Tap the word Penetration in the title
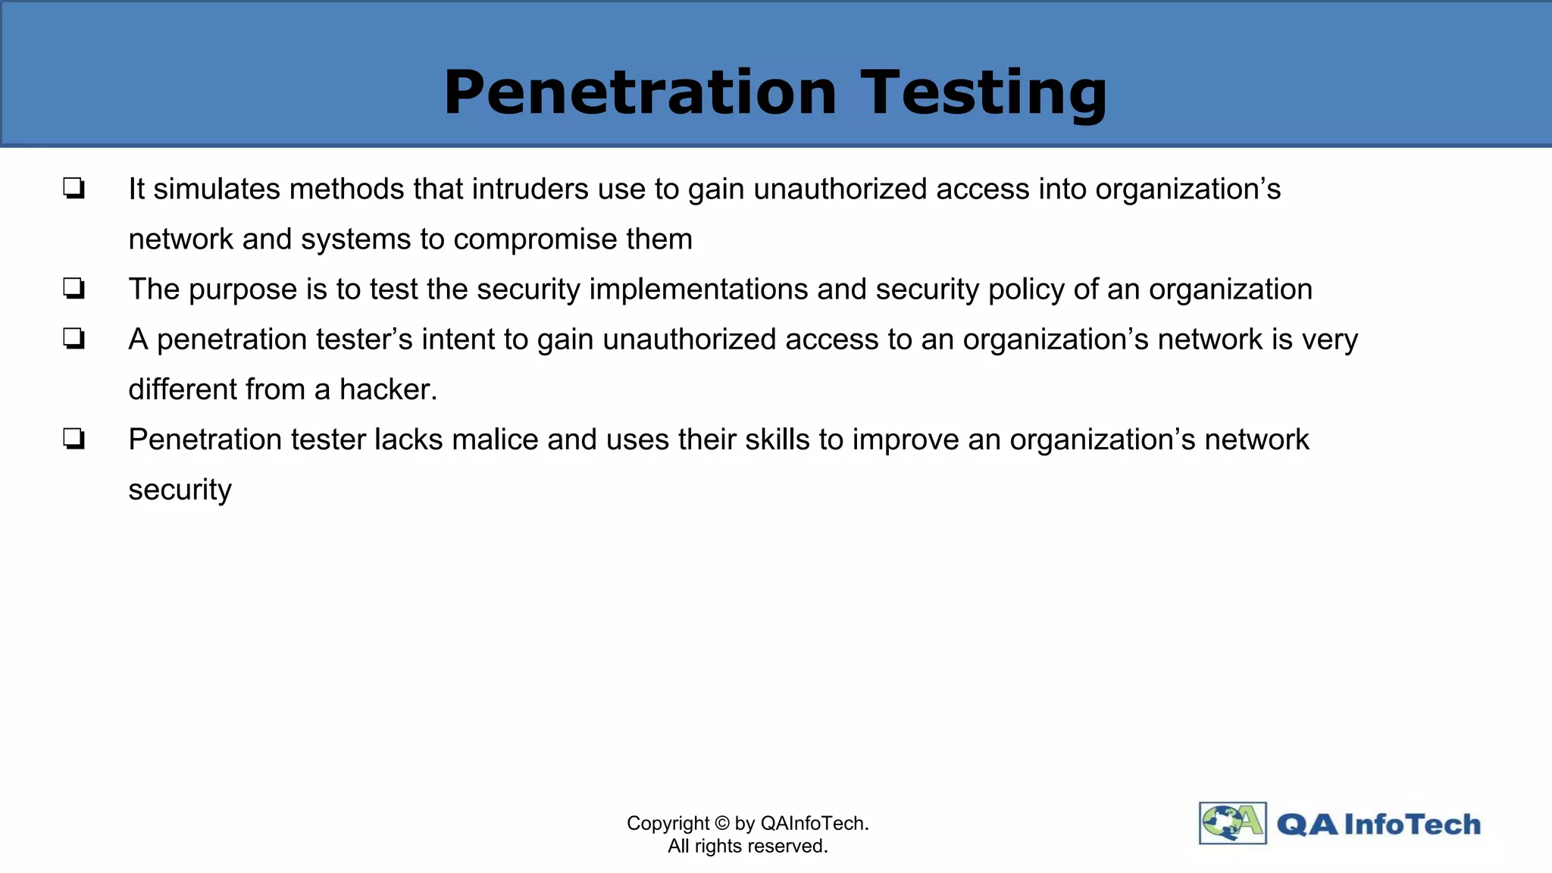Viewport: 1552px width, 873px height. pyautogui.click(x=640, y=92)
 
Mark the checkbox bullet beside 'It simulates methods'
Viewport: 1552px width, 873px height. pyautogui.click(x=74, y=188)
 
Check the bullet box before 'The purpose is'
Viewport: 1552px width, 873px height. pyautogui.click(x=74, y=289)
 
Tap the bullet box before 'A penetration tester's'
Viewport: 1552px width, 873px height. pyautogui.click(x=74, y=339)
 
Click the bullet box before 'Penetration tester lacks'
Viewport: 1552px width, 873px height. pyautogui.click(x=74, y=439)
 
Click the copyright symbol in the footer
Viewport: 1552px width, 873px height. pyautogui.click(x=721, y=824)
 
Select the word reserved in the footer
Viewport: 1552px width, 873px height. pyautogui.click(x=790, y=846)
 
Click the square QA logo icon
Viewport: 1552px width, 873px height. pyautogui.click(x=1232, y=823)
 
